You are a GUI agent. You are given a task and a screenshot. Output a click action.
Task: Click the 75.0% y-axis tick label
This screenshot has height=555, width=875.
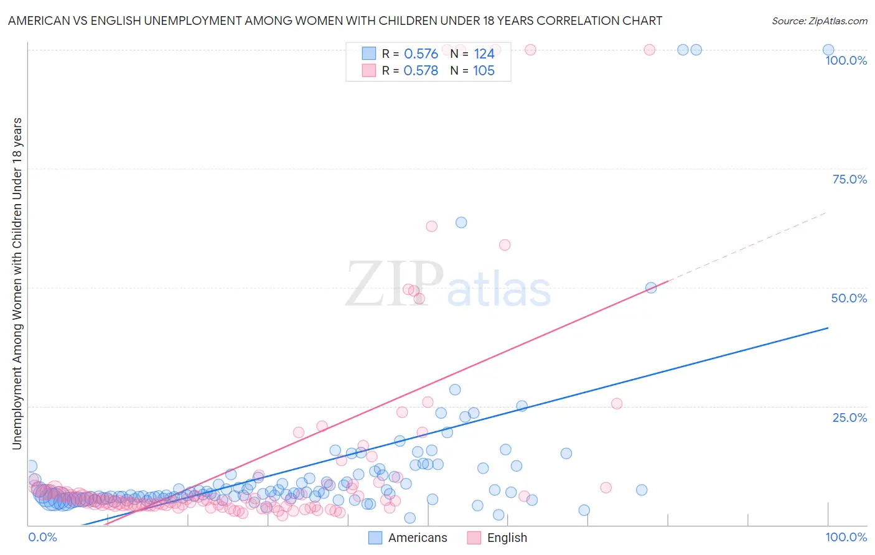[849, 179]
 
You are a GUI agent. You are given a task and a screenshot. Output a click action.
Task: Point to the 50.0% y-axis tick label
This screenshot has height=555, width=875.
[849, 298]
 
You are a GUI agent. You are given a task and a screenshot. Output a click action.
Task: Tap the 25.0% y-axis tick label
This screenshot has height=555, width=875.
[849, 417]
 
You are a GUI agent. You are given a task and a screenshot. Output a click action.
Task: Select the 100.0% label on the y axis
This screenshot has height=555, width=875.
[846, 60]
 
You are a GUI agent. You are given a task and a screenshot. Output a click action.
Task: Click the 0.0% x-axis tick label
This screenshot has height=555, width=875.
[42, 537]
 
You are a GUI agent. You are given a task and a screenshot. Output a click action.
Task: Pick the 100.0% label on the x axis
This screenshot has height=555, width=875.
[846, 537]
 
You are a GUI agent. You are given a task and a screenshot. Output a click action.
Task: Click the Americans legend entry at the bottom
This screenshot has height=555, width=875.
[408, 538]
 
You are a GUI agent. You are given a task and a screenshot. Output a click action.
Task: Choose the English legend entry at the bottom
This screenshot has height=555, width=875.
[497, 538]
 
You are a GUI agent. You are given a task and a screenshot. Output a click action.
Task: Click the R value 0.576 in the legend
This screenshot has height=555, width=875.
[421, 54]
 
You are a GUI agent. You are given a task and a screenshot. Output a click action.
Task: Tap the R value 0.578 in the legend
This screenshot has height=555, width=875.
[421, 70]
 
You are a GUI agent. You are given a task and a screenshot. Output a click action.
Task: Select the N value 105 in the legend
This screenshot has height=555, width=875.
[484, 70]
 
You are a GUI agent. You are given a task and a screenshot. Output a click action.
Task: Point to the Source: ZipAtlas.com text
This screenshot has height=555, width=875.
[819, 21]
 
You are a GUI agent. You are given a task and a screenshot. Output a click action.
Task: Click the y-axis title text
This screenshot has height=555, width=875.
[17, 283]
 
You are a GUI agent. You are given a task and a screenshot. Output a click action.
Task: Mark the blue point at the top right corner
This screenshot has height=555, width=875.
[828, 50]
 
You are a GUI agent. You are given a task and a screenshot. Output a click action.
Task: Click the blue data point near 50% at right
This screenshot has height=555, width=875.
[651, 287]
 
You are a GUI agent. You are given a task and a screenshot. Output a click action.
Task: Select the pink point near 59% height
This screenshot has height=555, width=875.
[505, 245]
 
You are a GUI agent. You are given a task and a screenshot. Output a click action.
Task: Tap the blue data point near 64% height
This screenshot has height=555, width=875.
[461, 222]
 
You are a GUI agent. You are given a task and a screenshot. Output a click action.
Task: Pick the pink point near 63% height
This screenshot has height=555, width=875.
[431, 226]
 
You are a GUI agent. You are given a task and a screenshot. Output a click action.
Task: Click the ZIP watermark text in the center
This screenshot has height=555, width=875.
[394, 284]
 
